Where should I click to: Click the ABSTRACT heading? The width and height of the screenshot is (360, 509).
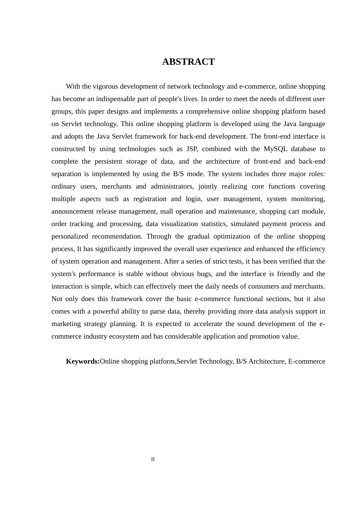188,62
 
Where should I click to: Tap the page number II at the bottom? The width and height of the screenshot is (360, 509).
153,459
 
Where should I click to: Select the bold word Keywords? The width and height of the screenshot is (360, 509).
83,361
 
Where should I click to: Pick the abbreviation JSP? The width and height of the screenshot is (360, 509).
192,149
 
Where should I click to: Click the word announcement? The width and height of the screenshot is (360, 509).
72,211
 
